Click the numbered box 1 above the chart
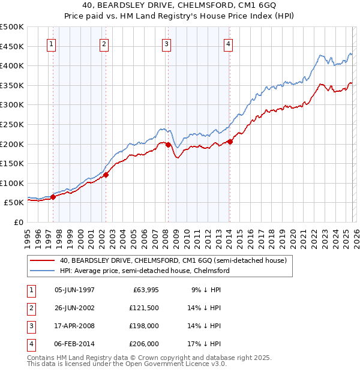[x=51, y=43]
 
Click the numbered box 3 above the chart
[x=166, y=43]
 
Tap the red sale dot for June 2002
[x=106, y=175]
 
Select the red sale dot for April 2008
[x=168, y=145]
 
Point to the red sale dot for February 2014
[x=230, y=142]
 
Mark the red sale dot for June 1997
[x=53, y=197]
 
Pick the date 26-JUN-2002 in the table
[x=74, y=308]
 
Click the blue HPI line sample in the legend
[x=42, y=271]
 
